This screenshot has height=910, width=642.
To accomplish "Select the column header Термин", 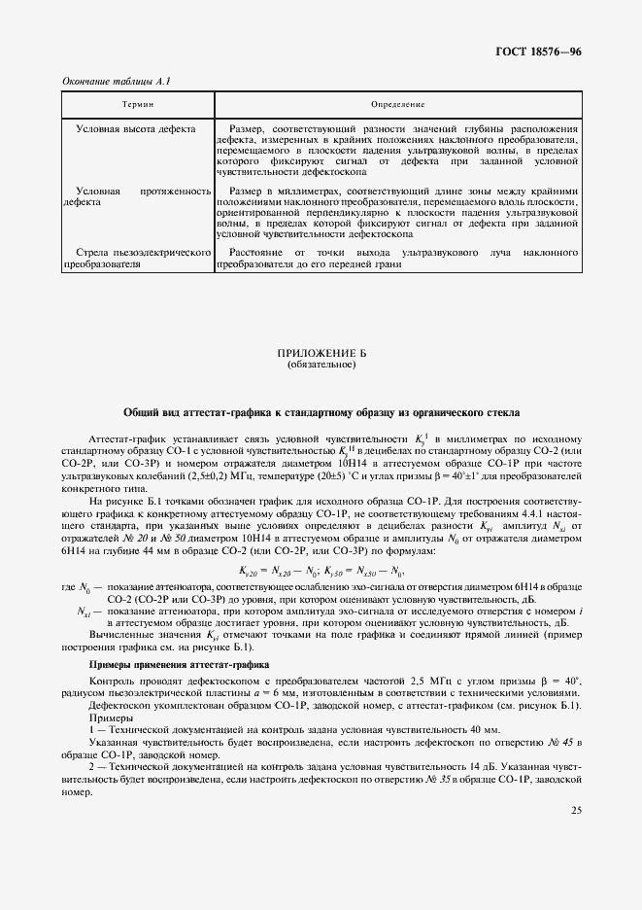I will pos(137,102).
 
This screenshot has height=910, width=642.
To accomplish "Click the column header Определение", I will pos(398,102).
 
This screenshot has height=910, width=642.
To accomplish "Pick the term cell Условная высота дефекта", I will pos(136,128).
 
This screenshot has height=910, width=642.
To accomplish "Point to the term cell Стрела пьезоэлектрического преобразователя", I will pos(137,257).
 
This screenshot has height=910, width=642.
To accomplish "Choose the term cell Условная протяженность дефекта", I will pos(137,197).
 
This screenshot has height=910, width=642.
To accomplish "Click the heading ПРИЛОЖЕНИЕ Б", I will pos(321,355).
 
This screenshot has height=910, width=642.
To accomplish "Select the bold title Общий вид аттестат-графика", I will pos(321,412).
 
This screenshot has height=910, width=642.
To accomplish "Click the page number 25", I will pos(575,808).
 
